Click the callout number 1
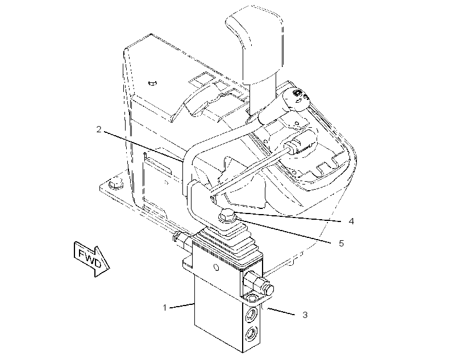(165, 308)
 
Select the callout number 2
(99, 129)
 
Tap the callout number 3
(305, 315)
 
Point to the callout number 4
(351, 221)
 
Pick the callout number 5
(342, 243)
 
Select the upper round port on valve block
(252, 313)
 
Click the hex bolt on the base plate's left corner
(116, 183)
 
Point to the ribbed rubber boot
(228, 241)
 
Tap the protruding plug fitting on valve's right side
(258, 283)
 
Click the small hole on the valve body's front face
(217, 268)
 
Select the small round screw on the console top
(152, 83)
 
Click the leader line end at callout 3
(268, 309)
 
